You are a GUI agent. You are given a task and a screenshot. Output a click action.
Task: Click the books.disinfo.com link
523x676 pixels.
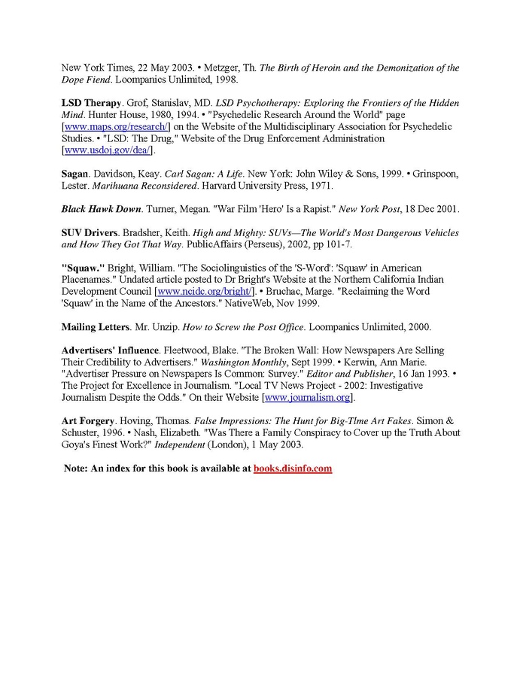tap(293, 468)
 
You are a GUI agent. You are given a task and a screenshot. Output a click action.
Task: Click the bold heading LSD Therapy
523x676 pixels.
tap(91, 102)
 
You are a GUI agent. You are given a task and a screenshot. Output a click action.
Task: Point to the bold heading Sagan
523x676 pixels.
tap(75, 173)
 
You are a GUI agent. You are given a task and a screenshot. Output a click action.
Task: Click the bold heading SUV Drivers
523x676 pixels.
tap(89, 233)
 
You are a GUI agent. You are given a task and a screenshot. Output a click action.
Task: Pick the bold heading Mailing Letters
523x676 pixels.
tap(96, 326)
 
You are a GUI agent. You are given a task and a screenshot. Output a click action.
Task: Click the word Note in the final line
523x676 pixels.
tap(76, 468)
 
